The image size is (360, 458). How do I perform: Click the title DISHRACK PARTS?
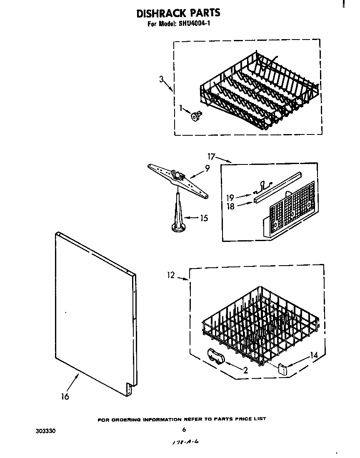point(178,13)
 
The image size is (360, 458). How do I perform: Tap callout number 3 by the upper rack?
point(161,80)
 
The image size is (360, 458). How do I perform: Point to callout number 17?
point(212,157)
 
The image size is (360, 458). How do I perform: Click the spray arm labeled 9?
point(178,177)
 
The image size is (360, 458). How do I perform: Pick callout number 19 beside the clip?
point(230,197)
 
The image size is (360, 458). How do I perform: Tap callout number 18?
point(230,206)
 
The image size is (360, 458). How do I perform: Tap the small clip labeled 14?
point(283,368)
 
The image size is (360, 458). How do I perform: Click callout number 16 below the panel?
point(65,396)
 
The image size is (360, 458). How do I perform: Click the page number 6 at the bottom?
point(184,430)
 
